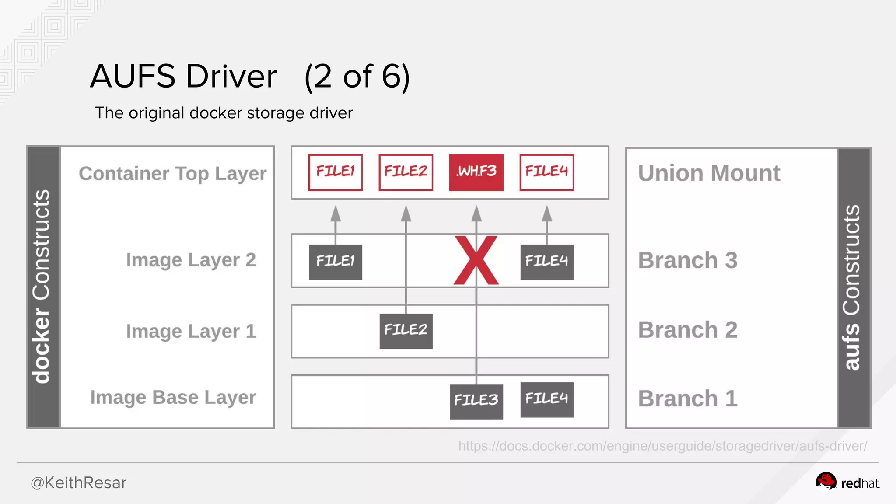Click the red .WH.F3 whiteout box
pyautogui.click(x=476, y=172)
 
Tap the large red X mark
pyautogui.click(x=476, y=261)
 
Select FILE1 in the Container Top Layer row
pyautogui.click(x=335, y=172)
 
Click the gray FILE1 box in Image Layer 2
pyautogui.click(x=335, y=262)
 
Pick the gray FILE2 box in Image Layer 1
pyautogui.click(x=406, y=331)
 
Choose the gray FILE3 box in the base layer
pyautogui.click(x=476, y=401)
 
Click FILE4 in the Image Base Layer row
pyautogui.click(x=546, y=399)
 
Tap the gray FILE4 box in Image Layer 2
pyautogui.click(x=546, y=262)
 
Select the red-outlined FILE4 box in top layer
pyautogui.click(x=546, y=172)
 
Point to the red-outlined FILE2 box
pyautogui.click(x=406, y=172)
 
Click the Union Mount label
pyautogui.click(x=709, y=173)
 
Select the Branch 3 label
pyautogui.click(x=687, y=260)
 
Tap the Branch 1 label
pyautogui.click(x=687, y=399)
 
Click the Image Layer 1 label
pyautogui.click(x=191, y=331)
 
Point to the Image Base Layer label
pyautogui.click(x=173, y=398)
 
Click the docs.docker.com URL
pyautogui.click(x=662, y=446)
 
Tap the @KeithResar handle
pyautogui.click(x=78, y=483)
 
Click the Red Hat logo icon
pyautogui.click(x=826, y=482)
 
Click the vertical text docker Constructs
pyautogui.click(x=42, y=287)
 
